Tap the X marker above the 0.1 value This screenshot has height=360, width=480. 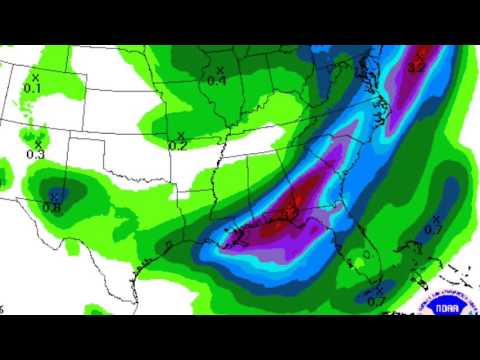pyautogui.click(x=35, y=76)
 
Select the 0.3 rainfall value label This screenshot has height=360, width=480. pyautogui.click(x=36, y=154)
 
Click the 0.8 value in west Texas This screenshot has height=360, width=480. pyautogui.click(x=51, y=207)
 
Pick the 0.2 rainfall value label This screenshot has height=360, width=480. pyautogui.click(x=177, y=145)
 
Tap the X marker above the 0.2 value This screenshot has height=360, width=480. pyautogui.click(x=181, y=134)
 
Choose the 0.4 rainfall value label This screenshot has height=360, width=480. pyautogui.click(x=217, y=80)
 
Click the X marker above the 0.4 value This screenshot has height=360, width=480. pyautogui.click(x=220, y=69)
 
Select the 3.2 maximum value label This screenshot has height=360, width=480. pyautogui.click(x=419, y=66)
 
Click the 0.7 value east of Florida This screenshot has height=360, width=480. pyautogui.click(x=433, y=230)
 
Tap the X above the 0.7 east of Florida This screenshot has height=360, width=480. pyautogui.click(x=437, y=217)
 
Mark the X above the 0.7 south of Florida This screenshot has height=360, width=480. pyautogui.click(x=380, y=288)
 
